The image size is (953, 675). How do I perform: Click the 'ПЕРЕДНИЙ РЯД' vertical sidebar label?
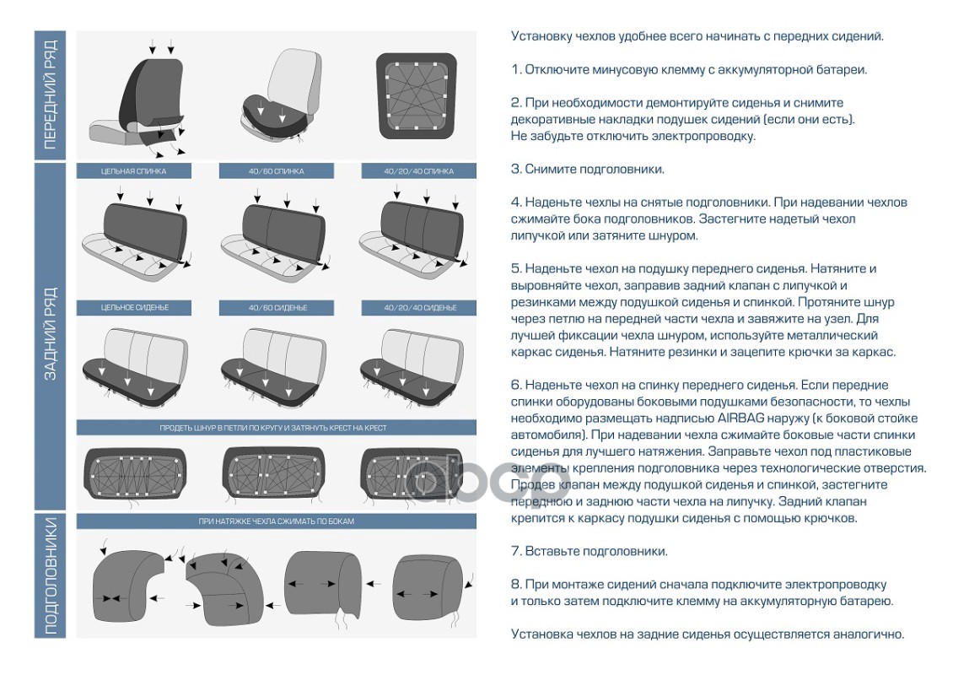pyautogui.click(x=50, y=94)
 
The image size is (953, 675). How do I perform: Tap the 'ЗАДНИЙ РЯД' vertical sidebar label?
pyautogui.click(x=50, y=335)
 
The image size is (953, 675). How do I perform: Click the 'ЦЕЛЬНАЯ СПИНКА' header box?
pyautogui.click(x=134, y=171)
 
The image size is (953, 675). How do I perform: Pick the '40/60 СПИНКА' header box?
pyautogui.click(x=277, y=171)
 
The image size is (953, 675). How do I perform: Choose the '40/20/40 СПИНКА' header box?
pyautogui.click(x=419, y=171)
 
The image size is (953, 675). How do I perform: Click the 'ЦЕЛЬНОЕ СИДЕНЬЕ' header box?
pyautogui.click(x=134, y=308)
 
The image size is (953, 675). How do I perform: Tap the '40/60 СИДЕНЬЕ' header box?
pyautogui.click(x=277, y=308)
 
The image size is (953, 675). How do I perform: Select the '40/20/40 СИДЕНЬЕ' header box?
pyautogui.click(x=419, y=308)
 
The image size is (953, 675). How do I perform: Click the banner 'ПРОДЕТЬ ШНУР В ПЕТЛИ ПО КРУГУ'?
pyautogui.click(x=277, y=428)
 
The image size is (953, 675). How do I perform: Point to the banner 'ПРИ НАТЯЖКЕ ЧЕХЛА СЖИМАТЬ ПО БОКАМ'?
pyautogui.click(x=277, y=521)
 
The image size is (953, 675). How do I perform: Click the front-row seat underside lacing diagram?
pyautogui.click(x=417, y=95)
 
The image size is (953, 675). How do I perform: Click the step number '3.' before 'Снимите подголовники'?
pyautogui.click(x=516, y=169)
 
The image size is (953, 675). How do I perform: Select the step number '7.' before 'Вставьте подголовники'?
pyautogui.click(x=516, y=552)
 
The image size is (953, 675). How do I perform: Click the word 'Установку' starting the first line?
pyautogui.click(x=540, y=36)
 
